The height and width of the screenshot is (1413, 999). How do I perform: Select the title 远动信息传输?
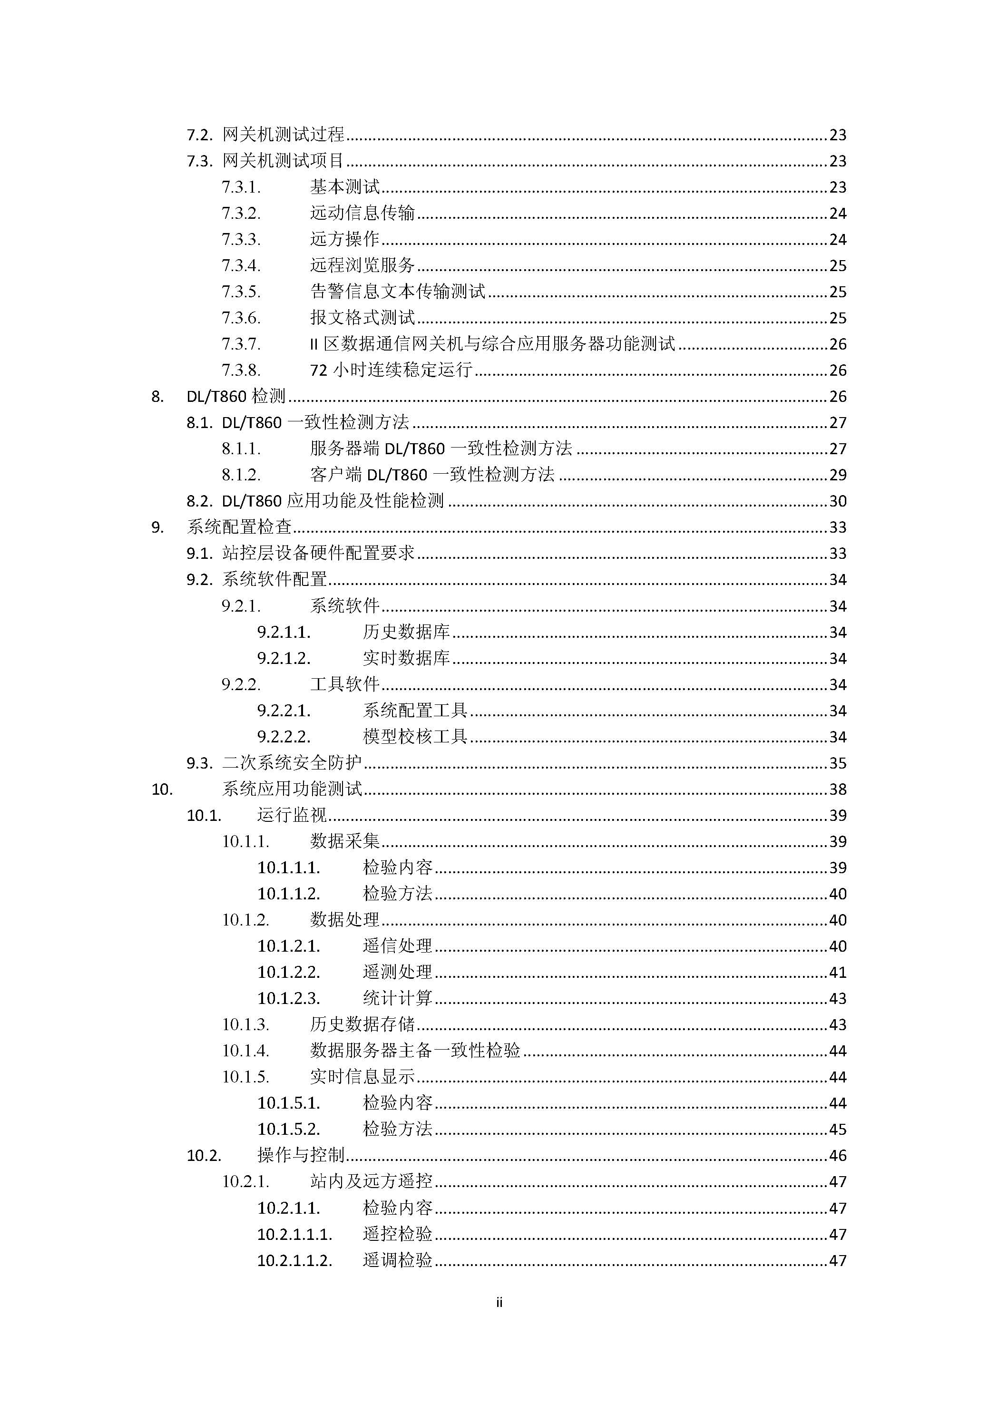(362, 213)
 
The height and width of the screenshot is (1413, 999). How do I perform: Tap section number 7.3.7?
(241, 344)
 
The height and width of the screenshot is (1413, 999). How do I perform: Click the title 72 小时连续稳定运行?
(391, 370)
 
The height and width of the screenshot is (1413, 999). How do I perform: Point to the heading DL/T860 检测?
(236, 396)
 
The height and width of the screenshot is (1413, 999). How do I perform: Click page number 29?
(838, 475)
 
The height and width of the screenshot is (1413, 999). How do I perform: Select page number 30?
(838, 501)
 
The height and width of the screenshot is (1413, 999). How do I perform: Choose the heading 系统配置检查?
(239, 527)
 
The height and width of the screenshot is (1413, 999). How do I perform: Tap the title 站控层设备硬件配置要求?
(318, 553)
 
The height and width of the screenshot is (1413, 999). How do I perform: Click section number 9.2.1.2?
(284, 659)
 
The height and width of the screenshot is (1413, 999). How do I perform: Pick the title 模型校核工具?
(415, 737)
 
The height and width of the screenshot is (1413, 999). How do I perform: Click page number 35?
(838, 763)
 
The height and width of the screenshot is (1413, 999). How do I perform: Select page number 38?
(838, 789)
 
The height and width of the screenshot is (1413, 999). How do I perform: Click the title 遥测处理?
(398, 973)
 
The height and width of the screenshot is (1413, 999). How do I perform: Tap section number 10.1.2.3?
(289, 998)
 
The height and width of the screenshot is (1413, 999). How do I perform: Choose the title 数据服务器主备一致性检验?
(415, 1051)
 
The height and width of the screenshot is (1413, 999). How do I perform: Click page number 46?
(838, 1156)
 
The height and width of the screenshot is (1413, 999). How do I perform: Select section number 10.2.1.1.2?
(294, 1260)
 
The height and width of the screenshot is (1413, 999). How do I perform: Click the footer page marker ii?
(499, 1302)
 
